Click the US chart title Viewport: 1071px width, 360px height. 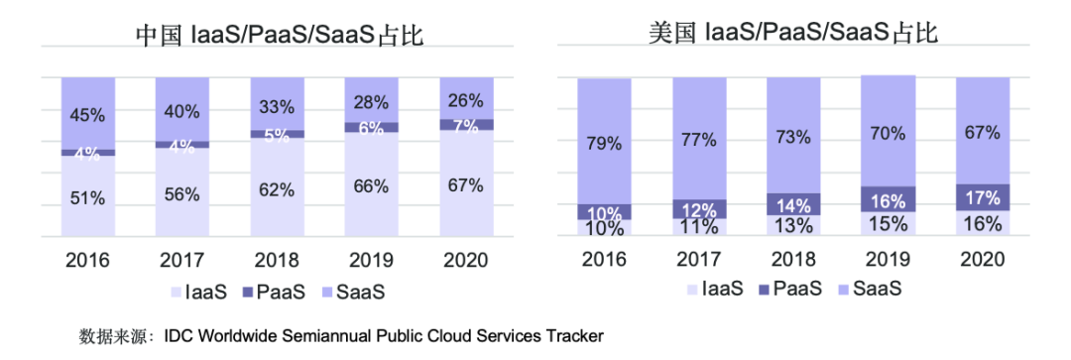pos(793,34)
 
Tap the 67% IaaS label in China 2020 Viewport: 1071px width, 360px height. pos(466,184)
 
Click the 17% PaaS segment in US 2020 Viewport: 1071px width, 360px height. pos(982,196)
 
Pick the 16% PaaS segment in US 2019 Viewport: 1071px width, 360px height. pos(888,199)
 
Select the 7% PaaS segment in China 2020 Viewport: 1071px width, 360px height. pos(466,125)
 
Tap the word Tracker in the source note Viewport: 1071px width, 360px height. pos(575,336)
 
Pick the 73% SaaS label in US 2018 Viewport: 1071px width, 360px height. pos(793,138)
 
